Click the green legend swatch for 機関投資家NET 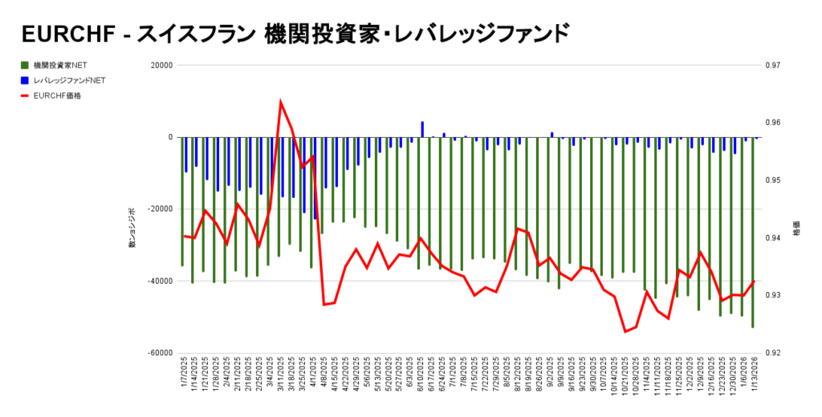pyautogui.click(x=25, y=65)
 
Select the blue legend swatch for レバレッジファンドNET pyautogui.click(x=25, y=80)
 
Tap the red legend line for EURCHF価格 pyautogui.click(x=25, y=95)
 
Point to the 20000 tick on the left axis pyautogui.click(x=161, y=65)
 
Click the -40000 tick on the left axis pyautogui.click(x=159, y=281)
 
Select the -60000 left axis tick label pyautogui.click(x=159, y=353)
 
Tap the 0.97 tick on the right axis pyautogui.click(x=770, y=65)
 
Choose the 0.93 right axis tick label pyautogui.click(x=770, y=295)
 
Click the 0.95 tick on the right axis pyautogui.click(x=770, y=180)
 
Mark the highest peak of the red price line pyautogui.click(x=280, y=102)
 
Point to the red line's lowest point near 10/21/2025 pyautogui.click(x=625, y=331)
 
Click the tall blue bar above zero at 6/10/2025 pyautogui.click(x=422, y=129)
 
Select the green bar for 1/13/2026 pyautogui.click(x=752, y=233)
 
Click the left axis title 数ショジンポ pyautogui.click(x=132, y=229)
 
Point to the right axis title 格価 pyautogui.click(x=796, y=229)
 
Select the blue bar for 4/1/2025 pyautogui.click(x=315, y=178)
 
